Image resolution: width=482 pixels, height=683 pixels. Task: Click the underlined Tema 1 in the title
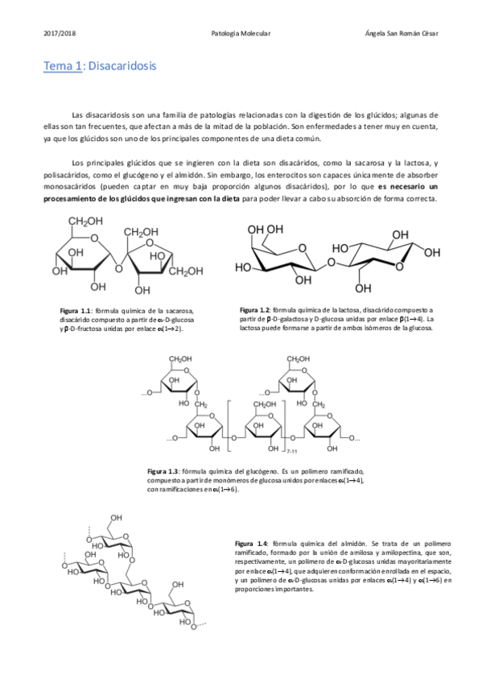tap(63, 65)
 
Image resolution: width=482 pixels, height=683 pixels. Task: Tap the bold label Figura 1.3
tap(163, 470)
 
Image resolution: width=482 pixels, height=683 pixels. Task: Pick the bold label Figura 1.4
tap(251, 544)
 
